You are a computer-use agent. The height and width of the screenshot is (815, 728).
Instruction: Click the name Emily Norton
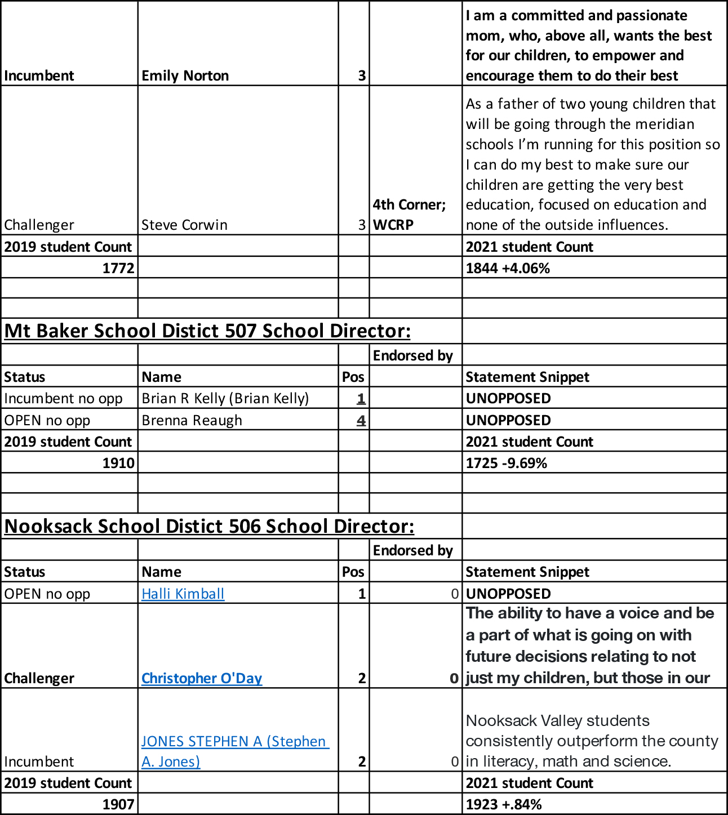(185, 75)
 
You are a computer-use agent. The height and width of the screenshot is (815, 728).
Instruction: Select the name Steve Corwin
(184, 225)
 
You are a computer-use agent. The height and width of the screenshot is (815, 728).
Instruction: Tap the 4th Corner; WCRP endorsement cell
(409, 215)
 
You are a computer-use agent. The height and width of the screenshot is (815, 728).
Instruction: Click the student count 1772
(118, 268)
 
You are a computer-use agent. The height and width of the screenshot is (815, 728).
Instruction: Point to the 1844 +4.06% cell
(508, 268)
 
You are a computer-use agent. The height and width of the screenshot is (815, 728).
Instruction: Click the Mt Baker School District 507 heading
(207, 331)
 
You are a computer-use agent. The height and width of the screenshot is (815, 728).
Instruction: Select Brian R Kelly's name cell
(225, 398)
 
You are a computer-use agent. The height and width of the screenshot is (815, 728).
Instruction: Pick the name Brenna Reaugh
(192, 420)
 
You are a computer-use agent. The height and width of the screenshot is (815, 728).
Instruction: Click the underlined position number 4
(361, 420)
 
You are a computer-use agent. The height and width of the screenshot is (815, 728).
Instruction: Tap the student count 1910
(118, 463)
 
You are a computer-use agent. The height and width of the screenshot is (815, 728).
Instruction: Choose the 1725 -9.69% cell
(506, 463)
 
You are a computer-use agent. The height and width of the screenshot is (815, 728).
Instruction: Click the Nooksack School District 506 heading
(209, 526)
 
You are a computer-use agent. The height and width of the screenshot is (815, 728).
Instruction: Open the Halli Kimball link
(183, 594)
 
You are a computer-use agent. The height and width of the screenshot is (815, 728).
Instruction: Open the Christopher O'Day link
(202, 678)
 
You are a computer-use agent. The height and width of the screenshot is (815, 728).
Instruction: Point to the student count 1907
(118, 804)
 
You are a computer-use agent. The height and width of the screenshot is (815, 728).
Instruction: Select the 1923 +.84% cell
(503, 804)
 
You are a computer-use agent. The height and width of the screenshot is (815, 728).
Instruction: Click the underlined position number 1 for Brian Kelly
(361, 398)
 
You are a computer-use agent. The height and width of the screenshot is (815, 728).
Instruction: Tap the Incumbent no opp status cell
(63, 398)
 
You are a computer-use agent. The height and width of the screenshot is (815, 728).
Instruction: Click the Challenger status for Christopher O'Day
(39, 678)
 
